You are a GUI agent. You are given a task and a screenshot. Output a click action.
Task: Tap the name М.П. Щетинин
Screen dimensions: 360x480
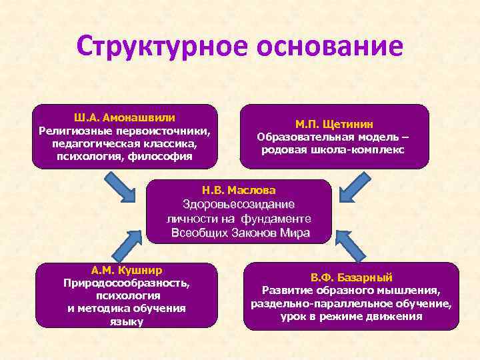334,124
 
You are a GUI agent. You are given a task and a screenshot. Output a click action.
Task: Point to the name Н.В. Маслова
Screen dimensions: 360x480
239,191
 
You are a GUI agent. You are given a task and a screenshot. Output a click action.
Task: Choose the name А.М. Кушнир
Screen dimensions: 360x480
126,270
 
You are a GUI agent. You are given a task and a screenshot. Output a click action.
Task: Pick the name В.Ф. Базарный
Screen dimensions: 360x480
351,277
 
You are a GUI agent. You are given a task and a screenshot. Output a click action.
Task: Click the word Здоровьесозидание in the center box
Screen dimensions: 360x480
239,205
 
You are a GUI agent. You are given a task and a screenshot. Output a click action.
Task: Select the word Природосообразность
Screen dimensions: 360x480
126,283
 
